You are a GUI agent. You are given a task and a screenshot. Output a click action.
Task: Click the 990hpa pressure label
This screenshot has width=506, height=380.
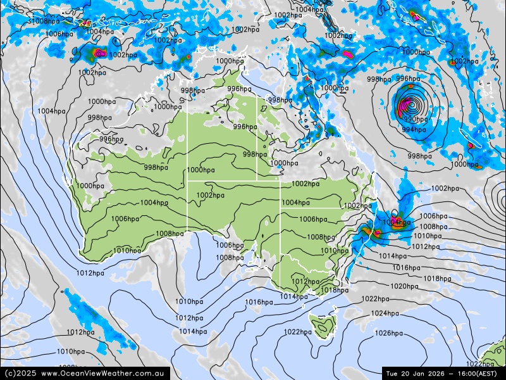pyautogui.click(x=416, y=119)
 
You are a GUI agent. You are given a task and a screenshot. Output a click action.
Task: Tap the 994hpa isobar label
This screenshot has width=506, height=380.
pyautogui.click(x=414, y=130)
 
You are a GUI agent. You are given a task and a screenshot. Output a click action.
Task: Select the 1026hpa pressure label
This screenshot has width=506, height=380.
pyautogui.click(x=388, y=333)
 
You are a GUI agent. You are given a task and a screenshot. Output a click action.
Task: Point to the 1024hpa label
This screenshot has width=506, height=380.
pyautogui.click(x=385, y=313)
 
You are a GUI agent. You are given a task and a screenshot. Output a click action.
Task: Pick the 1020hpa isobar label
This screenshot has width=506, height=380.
pyautogui.click(x=404, y=286)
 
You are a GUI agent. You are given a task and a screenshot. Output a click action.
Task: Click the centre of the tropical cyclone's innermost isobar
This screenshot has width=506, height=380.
pyautogui.click(x=410, y=103)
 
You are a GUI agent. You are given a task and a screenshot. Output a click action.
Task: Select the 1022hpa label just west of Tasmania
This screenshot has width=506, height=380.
pyautogui.click(x=297, y=332)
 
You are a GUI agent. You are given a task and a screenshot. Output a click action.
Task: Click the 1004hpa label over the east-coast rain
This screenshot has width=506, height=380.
pyautogui.click(x=396, y=222)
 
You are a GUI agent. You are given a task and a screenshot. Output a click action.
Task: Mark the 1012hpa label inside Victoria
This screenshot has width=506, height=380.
pyautogui.click(x=305, y=282)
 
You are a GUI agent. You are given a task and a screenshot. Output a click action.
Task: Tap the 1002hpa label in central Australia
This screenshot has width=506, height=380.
pyautogui.click(x=211, y=195)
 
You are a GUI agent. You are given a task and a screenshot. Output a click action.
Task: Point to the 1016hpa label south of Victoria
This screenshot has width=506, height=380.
pyautogui.click(x=259, y=302)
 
